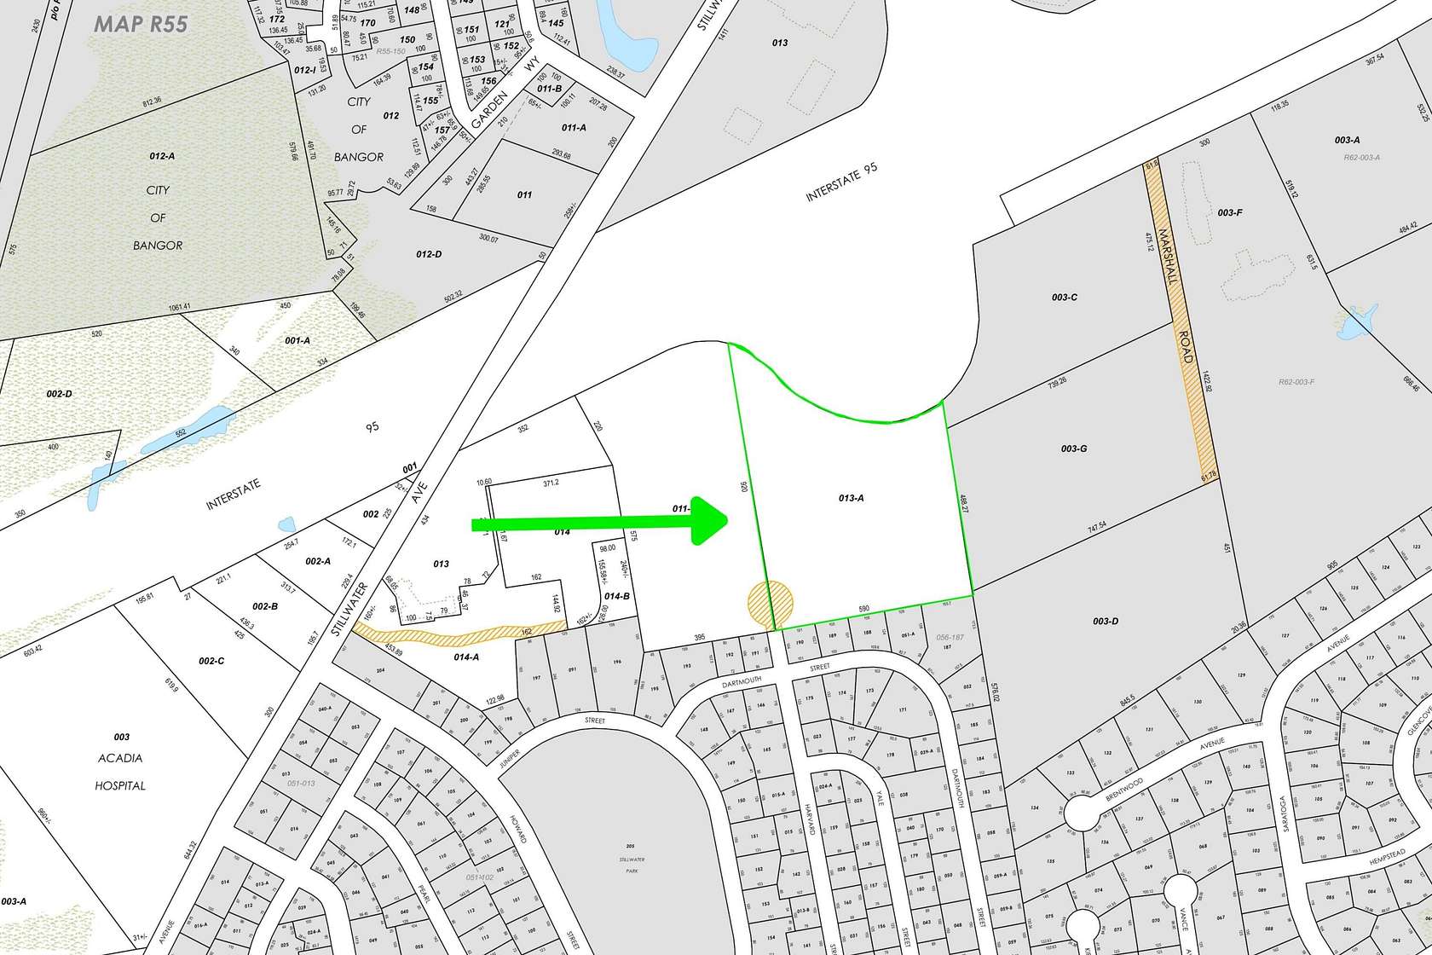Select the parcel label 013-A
click(x=851, y=498)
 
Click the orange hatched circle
click(x=770, y=601)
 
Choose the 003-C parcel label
click(x=1065, y=298)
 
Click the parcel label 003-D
click(x=1105, y=622)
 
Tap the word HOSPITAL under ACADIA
click(x=121, y=785)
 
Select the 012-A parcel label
click(x=161, y=156)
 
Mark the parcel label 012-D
click(x=429, y=254)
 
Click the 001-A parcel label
click(x=297, y=340)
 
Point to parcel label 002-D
click(x=59, y=394)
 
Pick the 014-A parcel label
click(x=466, y=657)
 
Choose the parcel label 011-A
click(x=574, y=128)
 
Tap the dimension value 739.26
click(x=1052, y=385)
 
